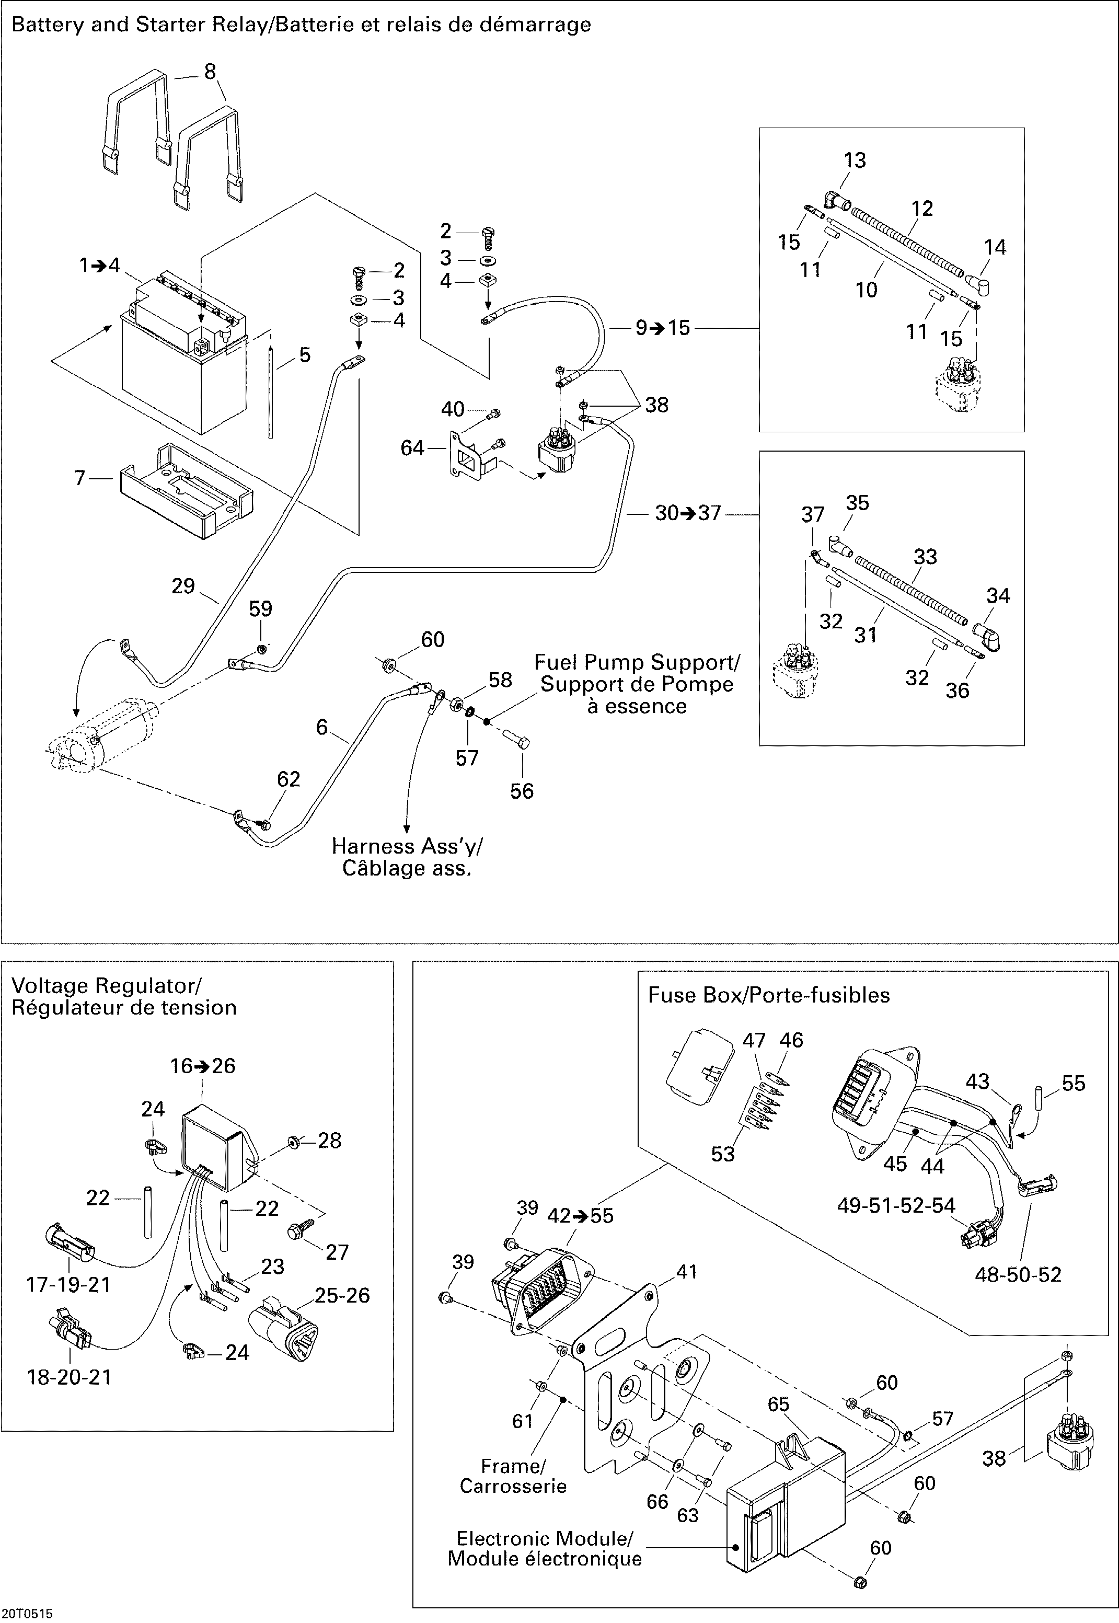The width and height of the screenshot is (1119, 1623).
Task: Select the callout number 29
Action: pyautogui.click(x=183, y=586)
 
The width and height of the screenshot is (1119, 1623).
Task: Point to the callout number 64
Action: pyautogui.click(x=412, y=447)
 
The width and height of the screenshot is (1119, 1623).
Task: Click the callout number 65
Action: pyautogui.click(x=778, y=1405)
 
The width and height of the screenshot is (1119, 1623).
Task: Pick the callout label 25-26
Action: pyautogui.click(x=342, y=1296)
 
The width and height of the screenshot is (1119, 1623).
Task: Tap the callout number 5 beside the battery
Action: pyautogui.click(x=305, y=355)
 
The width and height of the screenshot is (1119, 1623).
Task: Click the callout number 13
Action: pyautogui.click(x=855, y=160)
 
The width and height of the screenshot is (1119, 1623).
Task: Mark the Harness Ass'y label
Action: pyautogui.click(x=407, y=857)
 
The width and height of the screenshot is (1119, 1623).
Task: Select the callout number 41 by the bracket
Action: pyautogui.click(x=687, y=1272)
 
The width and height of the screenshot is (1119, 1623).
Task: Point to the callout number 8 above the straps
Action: pyautogui.click(x=210, y=72)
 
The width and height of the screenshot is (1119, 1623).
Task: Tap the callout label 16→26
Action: pyautogui.click(x=203, y=1066)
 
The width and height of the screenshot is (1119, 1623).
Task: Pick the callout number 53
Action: pyautogui.click(x=723, y=1154)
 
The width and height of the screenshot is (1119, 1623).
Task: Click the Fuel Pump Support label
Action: pyautogui.click(x=637, y=684)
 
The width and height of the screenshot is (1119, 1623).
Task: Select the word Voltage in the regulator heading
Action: pyautogui.click(x=51, y=986)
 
